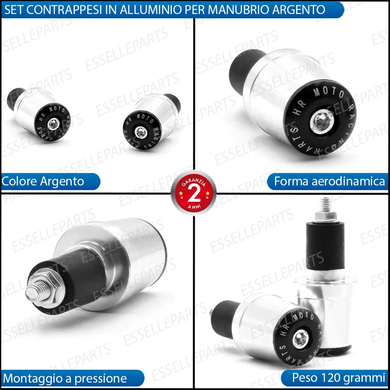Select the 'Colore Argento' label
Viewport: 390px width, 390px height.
click(43, 181)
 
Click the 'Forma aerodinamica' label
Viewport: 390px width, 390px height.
click(329, 181)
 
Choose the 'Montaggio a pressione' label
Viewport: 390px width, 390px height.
click(65, 379)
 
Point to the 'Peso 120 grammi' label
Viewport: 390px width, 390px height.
click(338, 378)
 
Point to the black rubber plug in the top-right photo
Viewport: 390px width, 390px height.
click(244, 69)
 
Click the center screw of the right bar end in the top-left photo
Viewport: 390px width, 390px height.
click(140, 130)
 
